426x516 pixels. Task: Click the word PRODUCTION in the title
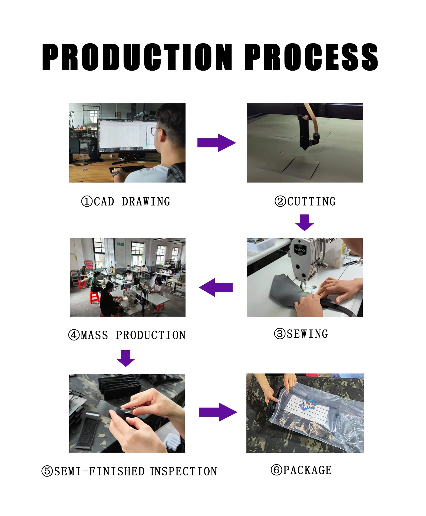click(x=137, y=57)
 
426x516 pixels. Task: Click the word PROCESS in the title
click(x=311, y=57)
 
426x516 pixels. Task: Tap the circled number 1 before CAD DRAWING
click(x=87, y=201)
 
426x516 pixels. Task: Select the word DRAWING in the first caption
click(x=146, y=201)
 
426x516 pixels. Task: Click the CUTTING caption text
click(x=311, y=201)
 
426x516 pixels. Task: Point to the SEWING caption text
click(x=308, y=334)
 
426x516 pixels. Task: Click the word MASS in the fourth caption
click(x=94, y=335)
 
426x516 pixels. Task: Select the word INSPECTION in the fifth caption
click(x=184, y=471)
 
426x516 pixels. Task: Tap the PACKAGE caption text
click(x=308, y=470)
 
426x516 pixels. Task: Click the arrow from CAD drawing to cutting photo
click(x=216, y=143)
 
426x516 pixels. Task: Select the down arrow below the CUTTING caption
click(x=305, y=223)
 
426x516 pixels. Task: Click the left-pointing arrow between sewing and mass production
click(x=216, y=287)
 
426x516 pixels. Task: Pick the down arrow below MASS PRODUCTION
click(x=126, y=358)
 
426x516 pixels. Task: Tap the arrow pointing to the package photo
click(x=218, y=412)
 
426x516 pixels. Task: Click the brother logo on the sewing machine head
click(x=300, y=249)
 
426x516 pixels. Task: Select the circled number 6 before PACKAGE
click(x=276, y=470)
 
